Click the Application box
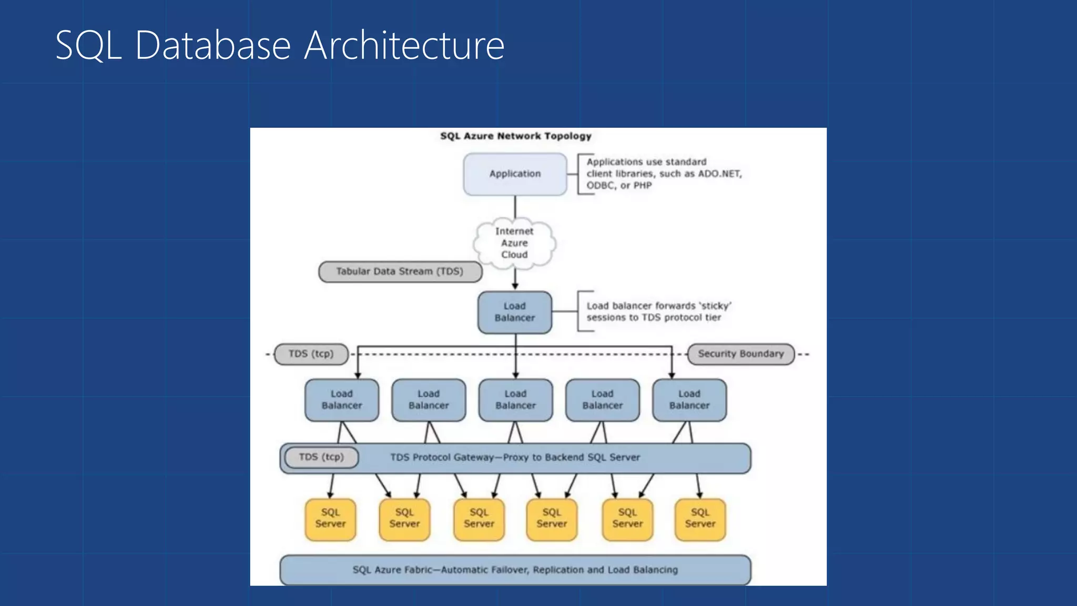coord(515,174)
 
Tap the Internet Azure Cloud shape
coord(514,243)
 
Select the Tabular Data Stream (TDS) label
coord(400,271)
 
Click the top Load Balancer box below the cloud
coord(514,312)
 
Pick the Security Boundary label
coord(740,354)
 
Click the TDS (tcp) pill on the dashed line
coord(311,354)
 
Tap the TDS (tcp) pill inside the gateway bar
coord(321,457)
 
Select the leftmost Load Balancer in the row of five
coord(342,400)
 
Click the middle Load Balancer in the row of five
coord(515,400)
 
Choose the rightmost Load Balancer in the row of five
coord(689,400)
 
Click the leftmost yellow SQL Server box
coord(330,519)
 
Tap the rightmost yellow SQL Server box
coord(700,519)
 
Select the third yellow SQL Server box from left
coord(479,519)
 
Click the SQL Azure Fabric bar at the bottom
coord(515,570)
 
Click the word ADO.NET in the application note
coord(719,174)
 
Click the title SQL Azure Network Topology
coord(515,136)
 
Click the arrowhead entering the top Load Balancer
coord(515,286)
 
